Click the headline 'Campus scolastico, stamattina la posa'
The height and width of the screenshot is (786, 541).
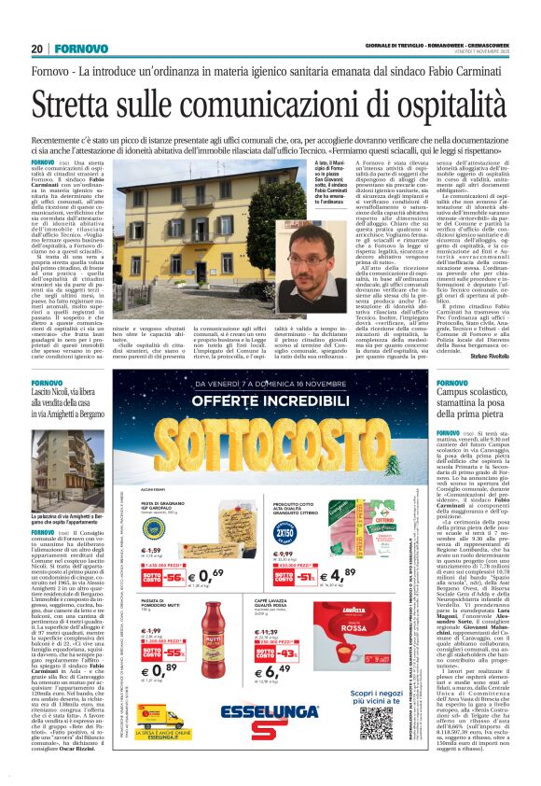click(475, 400)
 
